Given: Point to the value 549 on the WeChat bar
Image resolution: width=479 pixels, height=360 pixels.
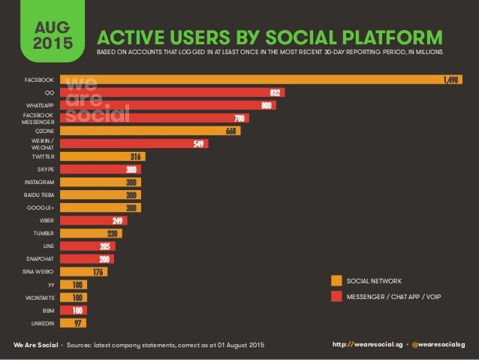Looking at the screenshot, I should (199, 144).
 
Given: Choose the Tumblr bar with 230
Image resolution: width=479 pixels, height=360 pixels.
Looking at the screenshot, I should (90, 233).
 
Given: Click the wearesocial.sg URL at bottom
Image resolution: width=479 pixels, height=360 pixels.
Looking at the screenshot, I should (366, 344).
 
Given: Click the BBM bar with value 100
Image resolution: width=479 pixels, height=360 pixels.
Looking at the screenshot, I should (72, 310).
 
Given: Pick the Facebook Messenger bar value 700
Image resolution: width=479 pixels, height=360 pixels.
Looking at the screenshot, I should (239, 118).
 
